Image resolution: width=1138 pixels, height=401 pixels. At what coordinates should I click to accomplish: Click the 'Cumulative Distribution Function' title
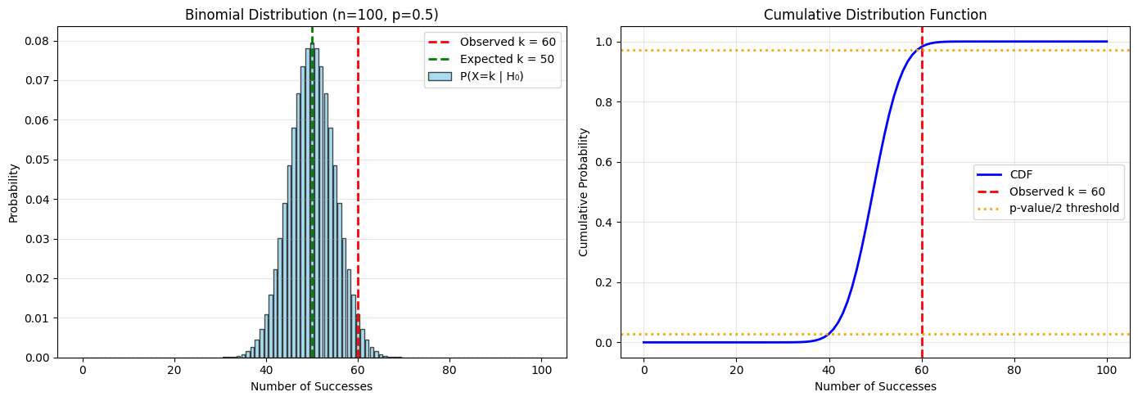point(875,15)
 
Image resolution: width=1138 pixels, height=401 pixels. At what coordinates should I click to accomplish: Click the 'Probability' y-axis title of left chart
point(14,192)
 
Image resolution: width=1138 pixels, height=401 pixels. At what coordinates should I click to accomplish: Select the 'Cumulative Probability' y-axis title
point(584,192)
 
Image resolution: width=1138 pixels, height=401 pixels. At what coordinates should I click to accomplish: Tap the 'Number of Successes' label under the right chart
point(875,386)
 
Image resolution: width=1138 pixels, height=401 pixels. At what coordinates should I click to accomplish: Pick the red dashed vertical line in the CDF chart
point(922,246)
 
